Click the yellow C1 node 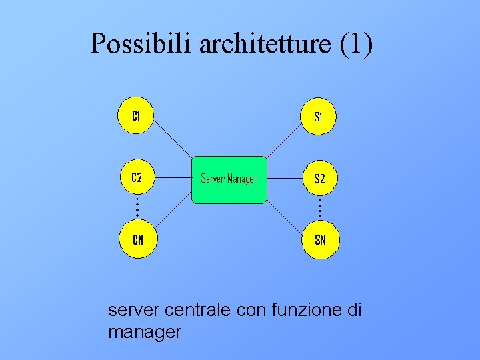(x=136, y=116)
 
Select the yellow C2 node (x=136, y=178)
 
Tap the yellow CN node (x=137, y=239)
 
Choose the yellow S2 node (x=319, y=178)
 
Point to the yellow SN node (x=320, y=239)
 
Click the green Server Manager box (x=229, y=179)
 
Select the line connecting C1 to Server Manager (x=173, y=141)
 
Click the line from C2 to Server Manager (x=173, y=179)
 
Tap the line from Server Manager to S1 (x=283, y=141)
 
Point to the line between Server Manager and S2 (x=283, y=179)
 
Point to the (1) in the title (x=357, y=44)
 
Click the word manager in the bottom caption (x=144, y=331)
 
